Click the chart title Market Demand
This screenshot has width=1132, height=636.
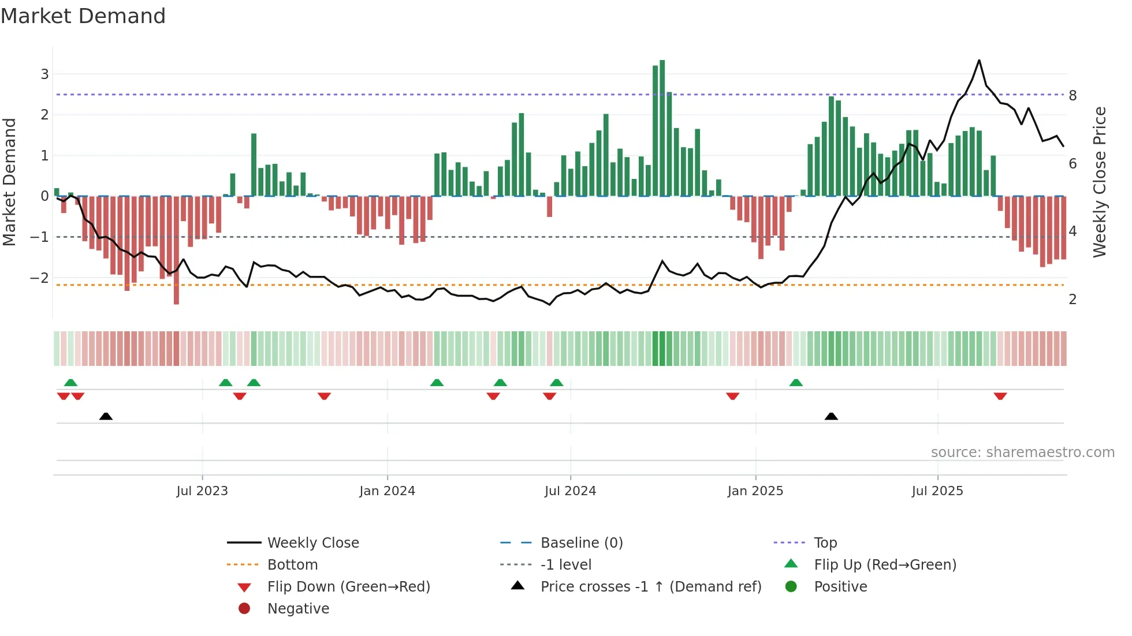click(83, 16)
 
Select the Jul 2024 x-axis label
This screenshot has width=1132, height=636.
click(570, 491)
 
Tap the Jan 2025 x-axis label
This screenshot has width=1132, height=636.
click(755, 491)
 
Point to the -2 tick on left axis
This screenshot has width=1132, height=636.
click(40, 278)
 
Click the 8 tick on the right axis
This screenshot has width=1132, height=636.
click(1073, 96)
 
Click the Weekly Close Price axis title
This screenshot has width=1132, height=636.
click(1100, 182)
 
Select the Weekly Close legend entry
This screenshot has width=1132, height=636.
click(312, 543)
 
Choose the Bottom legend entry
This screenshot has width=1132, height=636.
click(292, 565)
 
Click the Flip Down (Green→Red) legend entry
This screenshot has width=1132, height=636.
click(348, 587)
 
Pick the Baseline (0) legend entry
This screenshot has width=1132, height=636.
click(581, 543)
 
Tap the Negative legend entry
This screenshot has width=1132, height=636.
click(298, 609)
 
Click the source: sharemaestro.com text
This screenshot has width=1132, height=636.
click(1022, 452)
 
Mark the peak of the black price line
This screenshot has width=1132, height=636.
click(979, 61)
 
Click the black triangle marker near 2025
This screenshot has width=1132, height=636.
click(831, 416)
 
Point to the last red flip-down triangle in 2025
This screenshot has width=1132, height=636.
click(1000, 396)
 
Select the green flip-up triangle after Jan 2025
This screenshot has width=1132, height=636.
click(796, 383)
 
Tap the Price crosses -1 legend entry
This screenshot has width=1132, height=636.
click(650, 587)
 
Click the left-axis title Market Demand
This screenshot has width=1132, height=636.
click(10, 182)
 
